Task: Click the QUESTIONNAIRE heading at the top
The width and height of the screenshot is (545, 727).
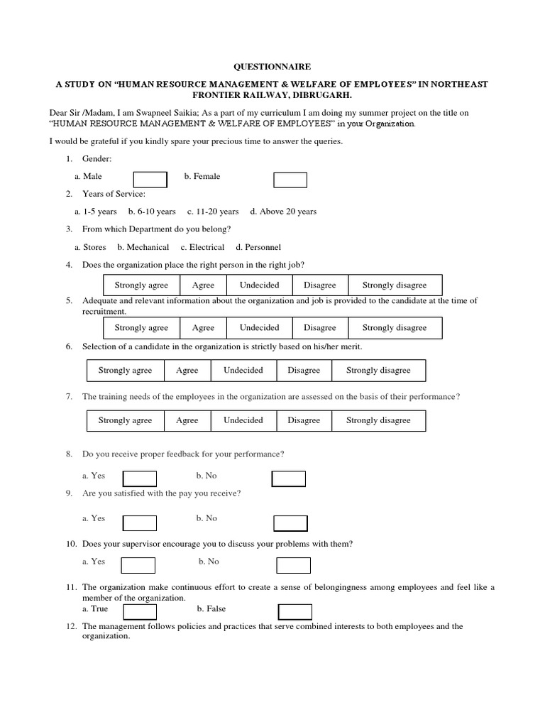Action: pyautogui.click(x=272, y=67)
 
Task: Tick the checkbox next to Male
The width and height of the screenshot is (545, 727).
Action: pyautogui.click(x=150, y=180)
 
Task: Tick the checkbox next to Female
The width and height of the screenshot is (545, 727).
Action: pyautogui.click(x=290, y=180)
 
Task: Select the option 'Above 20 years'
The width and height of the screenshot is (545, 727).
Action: pyautogui.click(x=283, y=212)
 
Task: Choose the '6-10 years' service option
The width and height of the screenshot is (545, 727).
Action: pyautogui.click(x=152, y=212)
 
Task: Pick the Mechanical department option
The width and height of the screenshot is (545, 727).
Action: pyautogui.click(x=143, y=247)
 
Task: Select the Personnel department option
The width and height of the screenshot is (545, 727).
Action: pyautogui.click(x=258, y=247)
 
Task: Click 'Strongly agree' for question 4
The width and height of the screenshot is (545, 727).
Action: pyautogui.click(x=141, y=285)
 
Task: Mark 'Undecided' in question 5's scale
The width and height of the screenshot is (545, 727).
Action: pyautogui.click(x=260, y=328)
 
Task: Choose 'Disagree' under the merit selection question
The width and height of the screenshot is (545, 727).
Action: pyautogui.click(x=304, y=371)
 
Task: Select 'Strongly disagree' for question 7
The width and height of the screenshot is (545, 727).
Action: pyautogui.click(x=378, y=420)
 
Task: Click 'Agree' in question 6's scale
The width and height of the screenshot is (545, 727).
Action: pyautogui.click(x=187, y=371)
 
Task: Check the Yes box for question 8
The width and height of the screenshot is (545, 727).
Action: pyautogui.click(x=138, y=479)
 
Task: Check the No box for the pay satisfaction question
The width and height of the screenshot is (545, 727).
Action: pyautogui.click(x=290, y=523)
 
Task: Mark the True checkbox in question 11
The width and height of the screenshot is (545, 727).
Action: pyautogui.click(x=140, y=611)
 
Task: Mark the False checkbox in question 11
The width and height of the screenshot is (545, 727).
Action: pyautogui.click(x=294, y=611)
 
